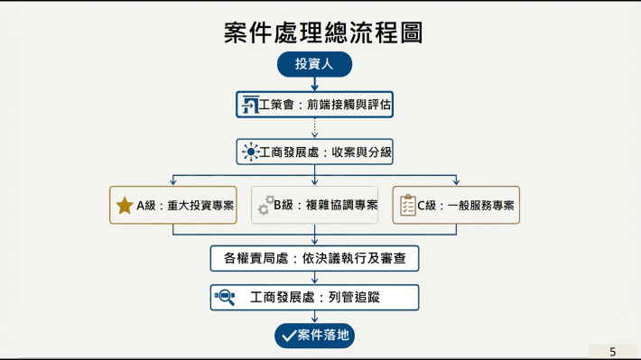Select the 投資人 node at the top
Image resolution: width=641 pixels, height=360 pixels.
[x=314, y=64]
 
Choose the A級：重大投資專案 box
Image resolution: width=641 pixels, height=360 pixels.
[x=172, y=206]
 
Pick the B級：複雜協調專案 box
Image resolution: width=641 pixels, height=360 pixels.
[x=314, y=206]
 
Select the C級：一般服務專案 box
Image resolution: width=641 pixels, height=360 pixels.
[x=456, y=206]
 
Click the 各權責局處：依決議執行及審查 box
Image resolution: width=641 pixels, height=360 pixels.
[x=314, y=259]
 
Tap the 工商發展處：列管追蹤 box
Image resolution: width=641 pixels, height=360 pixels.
[x=314, y=297]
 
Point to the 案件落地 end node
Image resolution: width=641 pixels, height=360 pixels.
[x=314, y=336]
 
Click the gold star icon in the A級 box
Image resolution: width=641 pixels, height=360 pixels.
[x=125, y=206]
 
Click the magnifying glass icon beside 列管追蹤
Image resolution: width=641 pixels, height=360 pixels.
[x=224, y=297]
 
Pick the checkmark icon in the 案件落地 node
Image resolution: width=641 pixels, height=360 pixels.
[x=289, y=336]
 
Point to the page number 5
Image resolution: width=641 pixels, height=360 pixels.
[x=613, y=351]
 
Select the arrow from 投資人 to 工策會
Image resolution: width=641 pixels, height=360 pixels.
[x=314, y=84]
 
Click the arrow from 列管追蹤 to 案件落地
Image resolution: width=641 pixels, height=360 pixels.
[x=314, y=317]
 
